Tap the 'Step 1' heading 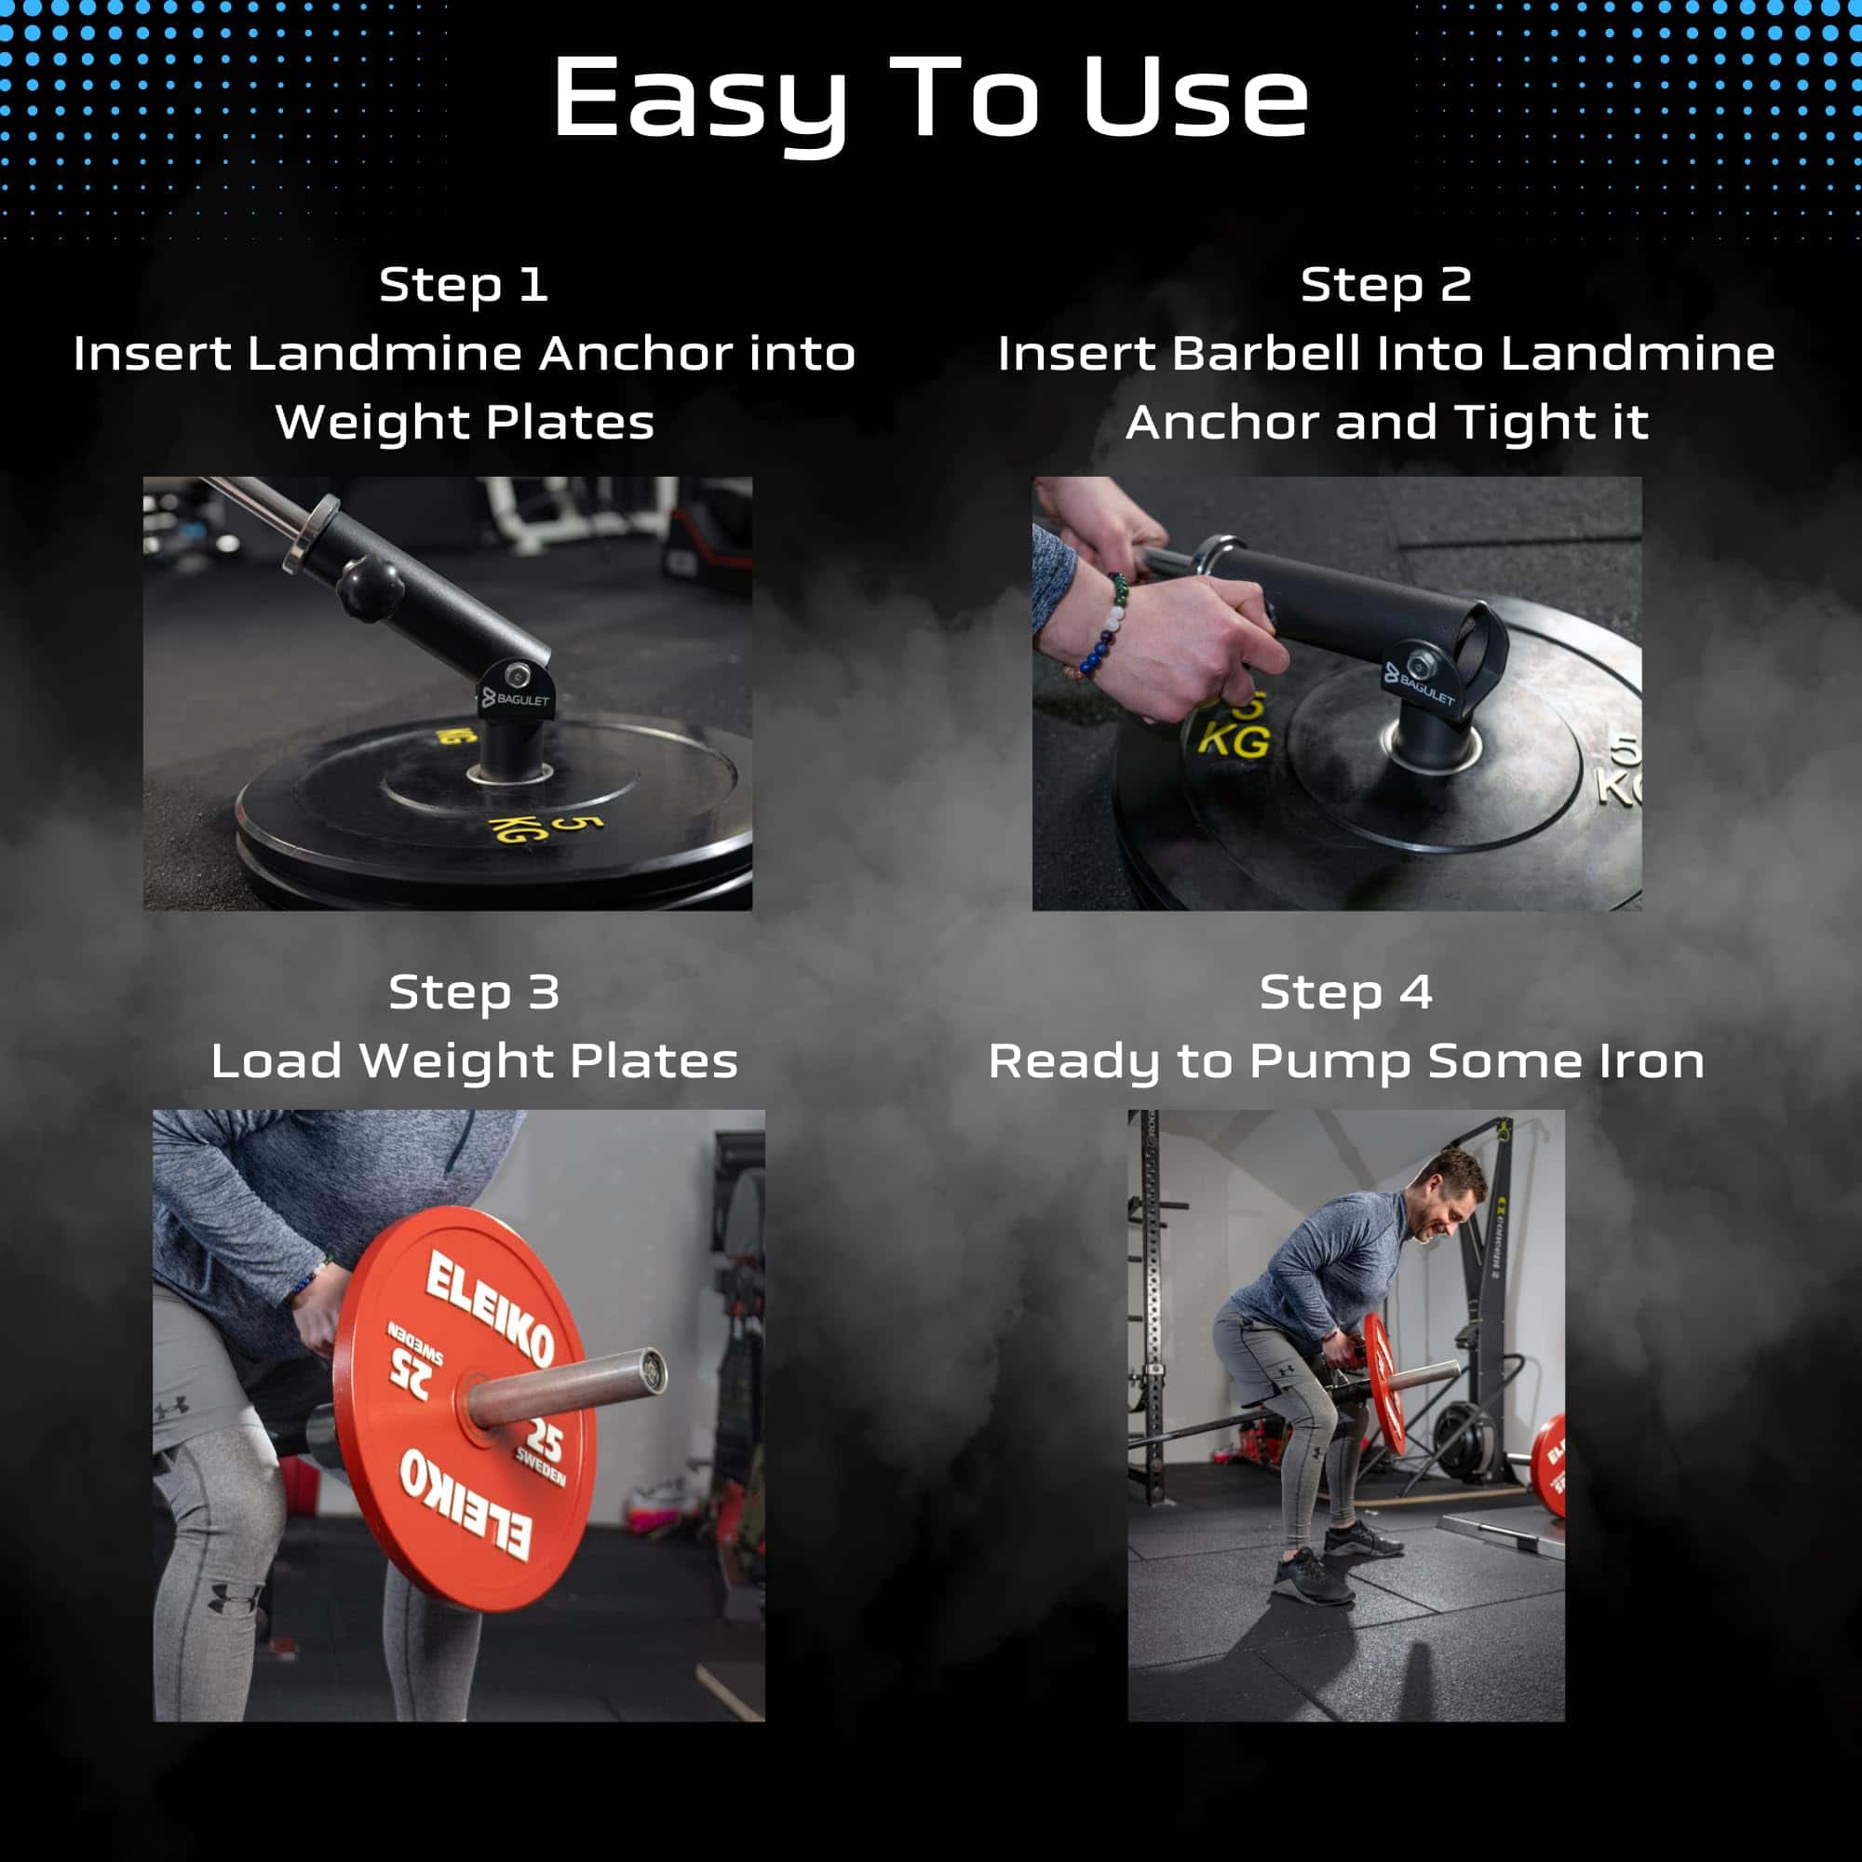[464, 285]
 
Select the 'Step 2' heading [1386, 285]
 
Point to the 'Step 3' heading [473, 993]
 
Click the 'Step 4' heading [1345, 993]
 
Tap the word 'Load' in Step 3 [276, 1061]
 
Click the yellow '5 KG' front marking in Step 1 [546, 828]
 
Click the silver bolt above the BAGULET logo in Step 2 [1420, 665]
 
